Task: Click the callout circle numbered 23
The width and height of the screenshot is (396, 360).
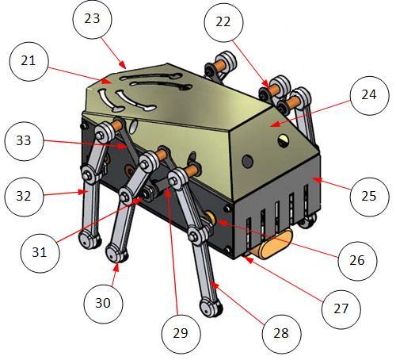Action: pos(92,19)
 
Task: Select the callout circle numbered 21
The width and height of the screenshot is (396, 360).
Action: pos(29,61)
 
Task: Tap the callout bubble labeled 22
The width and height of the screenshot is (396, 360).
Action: pos(223,22)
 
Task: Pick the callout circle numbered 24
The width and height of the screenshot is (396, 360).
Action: pos(369,95)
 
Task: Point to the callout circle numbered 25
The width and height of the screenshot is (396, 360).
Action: pos(369,197)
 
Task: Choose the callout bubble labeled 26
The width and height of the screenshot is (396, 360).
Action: pos(357,261)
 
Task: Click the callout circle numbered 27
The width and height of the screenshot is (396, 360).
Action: pos(341,309)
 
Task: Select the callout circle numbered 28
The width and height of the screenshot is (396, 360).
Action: pos(281,334)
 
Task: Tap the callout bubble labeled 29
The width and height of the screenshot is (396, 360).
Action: pos(181,334)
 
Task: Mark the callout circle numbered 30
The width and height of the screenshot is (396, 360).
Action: pos(103,304)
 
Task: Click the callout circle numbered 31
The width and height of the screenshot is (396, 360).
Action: pos(40,253)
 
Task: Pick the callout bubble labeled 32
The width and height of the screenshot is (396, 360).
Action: pos(25,197)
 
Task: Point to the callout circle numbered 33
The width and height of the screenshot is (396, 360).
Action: pos(25,141)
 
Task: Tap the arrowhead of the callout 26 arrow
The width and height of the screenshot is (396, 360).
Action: pos(222,223)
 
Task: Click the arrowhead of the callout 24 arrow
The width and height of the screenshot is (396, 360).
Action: pos(275,124)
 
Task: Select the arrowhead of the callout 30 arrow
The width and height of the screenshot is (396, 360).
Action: pos(116,267)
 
